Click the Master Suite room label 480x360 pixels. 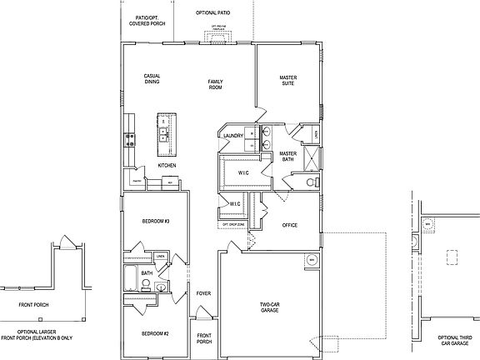[x=288, y=81]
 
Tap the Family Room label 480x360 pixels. [x=217, y=83]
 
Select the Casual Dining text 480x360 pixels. [x=152, y=79]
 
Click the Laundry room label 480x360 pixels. [x=232, y=135]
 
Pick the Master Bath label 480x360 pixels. [x=288, y=157]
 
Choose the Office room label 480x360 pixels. [x=290, y=225]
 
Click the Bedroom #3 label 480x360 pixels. [x=157, y=221]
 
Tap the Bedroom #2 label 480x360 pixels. [x=155, y=333]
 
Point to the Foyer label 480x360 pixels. [x=203, y=293]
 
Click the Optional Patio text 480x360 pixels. [x=212, y=13]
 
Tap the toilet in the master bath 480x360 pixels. [x=312, y=182]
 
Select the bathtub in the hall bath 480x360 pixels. [x=132, y=277]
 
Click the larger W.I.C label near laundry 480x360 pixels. [x=243, y=172]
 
